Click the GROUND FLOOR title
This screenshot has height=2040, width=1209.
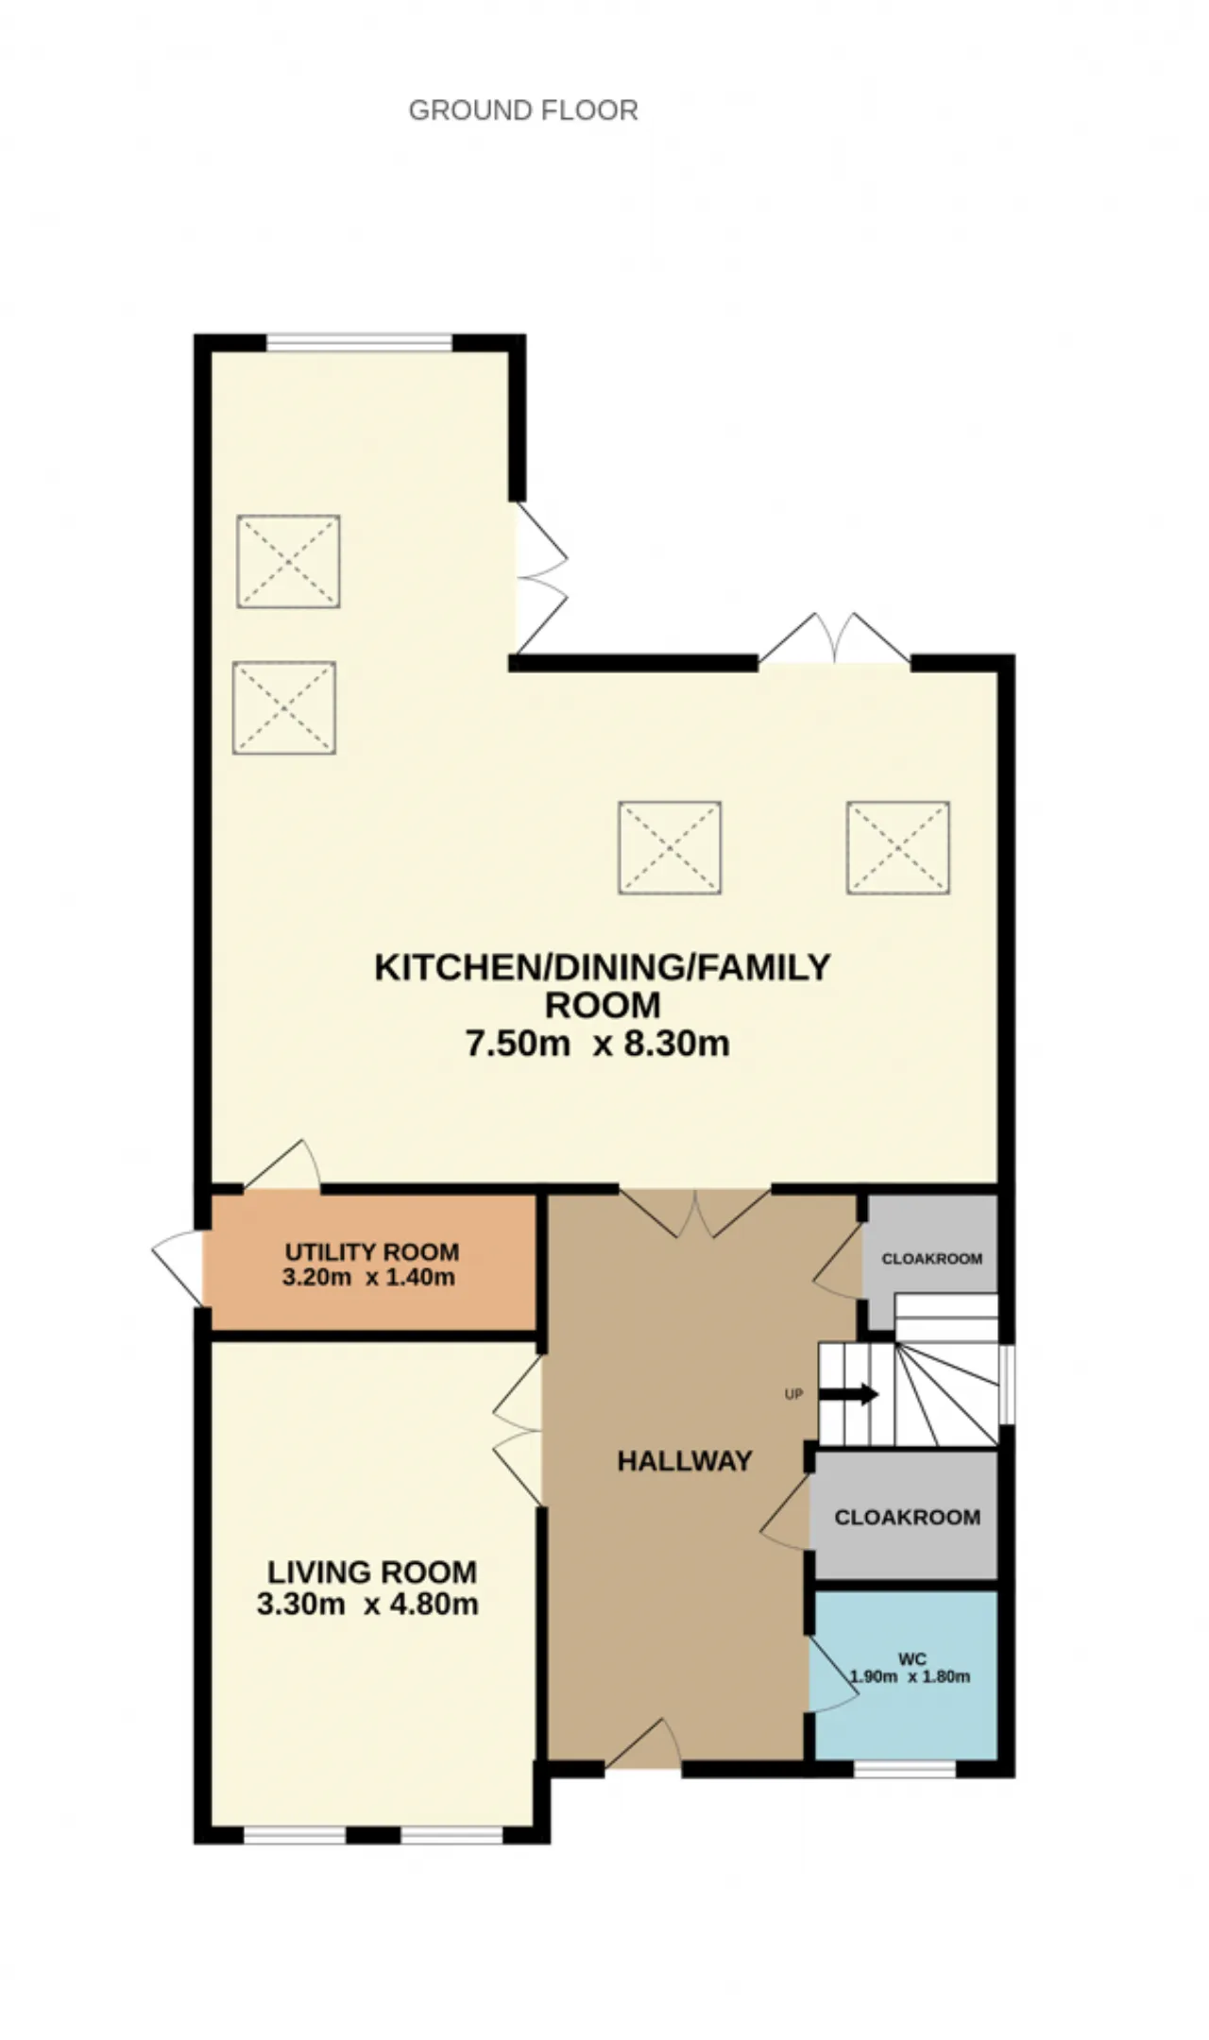(x=523, y=110)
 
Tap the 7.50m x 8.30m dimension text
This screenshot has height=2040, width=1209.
(x=598, y=1044)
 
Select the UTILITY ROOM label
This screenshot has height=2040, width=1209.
(x=372, y=1252)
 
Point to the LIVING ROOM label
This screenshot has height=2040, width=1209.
(x=372, y=1572)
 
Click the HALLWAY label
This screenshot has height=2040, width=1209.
(x=685, y=1461)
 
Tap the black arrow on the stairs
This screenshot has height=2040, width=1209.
(x=848, y=1395)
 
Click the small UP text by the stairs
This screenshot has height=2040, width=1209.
(x=793, y=1394)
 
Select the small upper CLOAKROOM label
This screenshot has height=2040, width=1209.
(x=932, y=1259)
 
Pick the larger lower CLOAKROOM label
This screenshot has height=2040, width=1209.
(x=908, y=1518)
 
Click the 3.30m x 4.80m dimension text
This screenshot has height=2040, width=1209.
(x=367, y=1604)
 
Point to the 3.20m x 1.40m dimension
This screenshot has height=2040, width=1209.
(x=368, y=1278)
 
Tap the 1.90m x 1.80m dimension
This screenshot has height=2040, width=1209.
(x=910, y=1677)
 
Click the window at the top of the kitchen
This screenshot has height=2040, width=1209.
(x=360, y=343)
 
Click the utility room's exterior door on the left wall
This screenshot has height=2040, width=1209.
(x=179, y=1268)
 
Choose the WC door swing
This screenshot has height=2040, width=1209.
(x=833, y=1674)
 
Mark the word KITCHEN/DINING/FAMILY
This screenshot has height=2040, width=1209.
(x=603, y=968)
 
